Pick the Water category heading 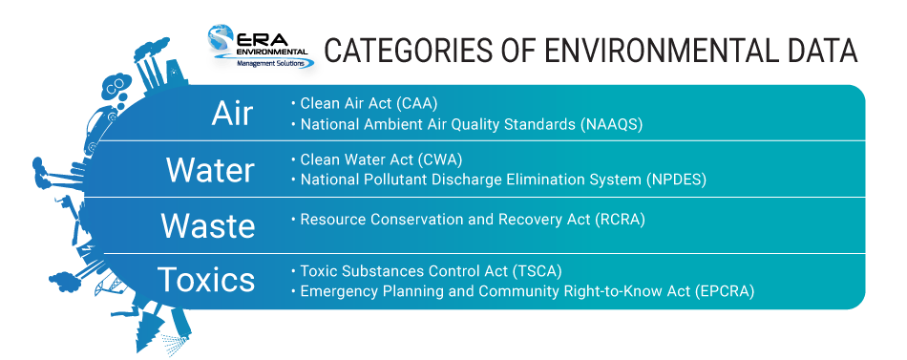[210, 170]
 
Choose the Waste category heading [208, 225]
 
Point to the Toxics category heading [207, 280]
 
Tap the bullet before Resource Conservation [293, 220]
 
